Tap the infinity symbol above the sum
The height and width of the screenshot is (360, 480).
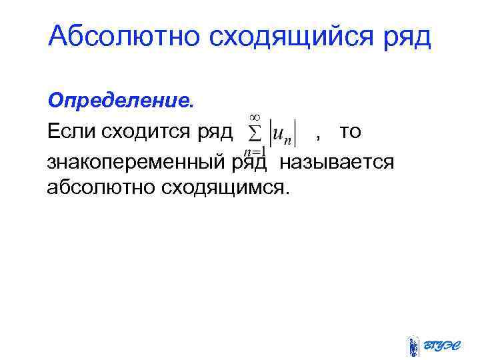(x=255, y=115)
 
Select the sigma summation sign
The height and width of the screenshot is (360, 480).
(x=255, y=133)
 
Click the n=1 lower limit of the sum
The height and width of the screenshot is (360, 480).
(x=255, y=151)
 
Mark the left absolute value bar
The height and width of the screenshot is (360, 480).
(x=270, y=132)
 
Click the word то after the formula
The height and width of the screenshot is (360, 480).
(x=350, y=132)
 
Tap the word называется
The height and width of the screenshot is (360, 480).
(x=337, y=161)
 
